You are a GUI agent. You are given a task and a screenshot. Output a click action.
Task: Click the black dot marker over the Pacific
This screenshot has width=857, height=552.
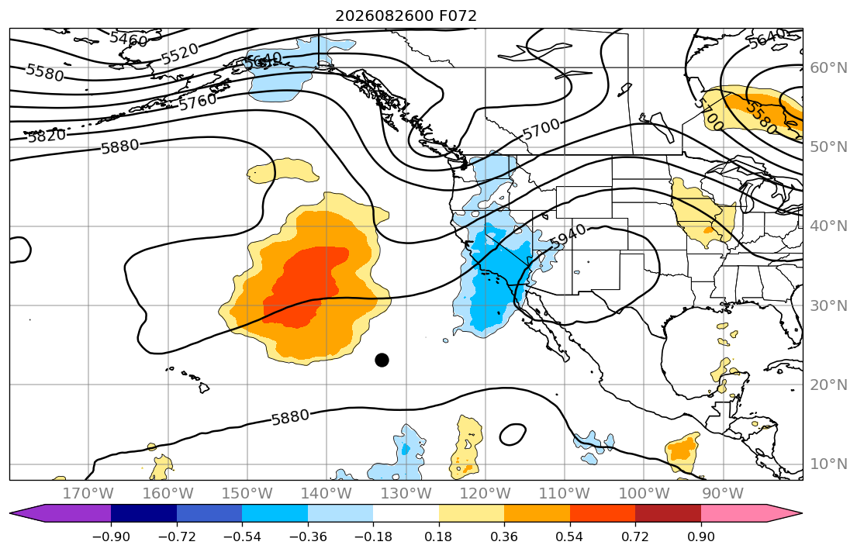point(382,360)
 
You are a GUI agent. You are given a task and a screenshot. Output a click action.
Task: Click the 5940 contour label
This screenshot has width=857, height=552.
point(568,236)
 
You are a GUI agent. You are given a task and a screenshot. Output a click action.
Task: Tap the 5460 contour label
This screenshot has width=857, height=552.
point(129,40)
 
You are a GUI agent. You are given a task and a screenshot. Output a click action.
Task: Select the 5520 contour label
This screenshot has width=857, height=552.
point(180,53)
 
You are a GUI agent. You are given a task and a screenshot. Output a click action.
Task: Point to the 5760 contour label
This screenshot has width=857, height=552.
point(198,101)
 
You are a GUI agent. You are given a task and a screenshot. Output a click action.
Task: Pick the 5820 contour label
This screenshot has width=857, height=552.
point(47,135)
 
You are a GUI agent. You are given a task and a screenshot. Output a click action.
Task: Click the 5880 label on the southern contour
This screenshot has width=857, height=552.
point(290,418)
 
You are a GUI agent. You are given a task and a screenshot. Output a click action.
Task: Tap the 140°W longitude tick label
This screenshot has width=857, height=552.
point(327,494)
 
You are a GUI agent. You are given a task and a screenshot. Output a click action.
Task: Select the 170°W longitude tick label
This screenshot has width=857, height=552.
point(88,494)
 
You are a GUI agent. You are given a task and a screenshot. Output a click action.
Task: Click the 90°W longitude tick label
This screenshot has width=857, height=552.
point(723,494)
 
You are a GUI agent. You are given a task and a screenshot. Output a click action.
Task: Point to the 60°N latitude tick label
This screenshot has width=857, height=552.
point(828,67)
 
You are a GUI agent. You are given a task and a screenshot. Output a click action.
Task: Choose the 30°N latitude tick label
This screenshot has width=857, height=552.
point(828,305)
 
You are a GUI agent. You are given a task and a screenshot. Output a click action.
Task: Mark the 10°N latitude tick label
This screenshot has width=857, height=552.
point(828,464)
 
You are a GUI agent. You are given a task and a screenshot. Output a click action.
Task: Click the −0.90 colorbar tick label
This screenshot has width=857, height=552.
point(111,536)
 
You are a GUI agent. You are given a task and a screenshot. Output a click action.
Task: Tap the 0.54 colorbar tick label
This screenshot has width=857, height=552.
point(569,536)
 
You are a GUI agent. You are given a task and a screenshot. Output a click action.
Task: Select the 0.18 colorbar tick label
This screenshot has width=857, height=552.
point(438,536)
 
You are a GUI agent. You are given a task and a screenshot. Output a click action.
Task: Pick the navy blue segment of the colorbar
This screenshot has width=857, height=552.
point(143,513)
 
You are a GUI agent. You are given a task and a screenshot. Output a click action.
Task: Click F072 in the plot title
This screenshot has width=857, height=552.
point(458,16)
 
